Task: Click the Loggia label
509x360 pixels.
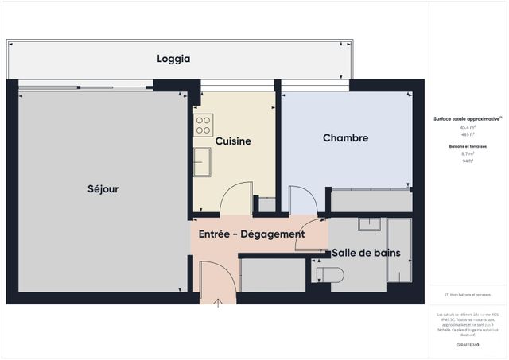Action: coord(173,59)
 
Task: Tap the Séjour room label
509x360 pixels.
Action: coord(103,189)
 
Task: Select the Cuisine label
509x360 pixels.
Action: coord(233,141)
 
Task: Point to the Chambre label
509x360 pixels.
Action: coord(345,138)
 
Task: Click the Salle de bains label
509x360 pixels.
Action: coord(366,254)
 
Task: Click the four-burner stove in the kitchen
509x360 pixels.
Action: coord(204,126)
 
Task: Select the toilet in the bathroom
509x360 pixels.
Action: coord(329,274)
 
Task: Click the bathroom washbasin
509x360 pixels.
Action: coord(370,224)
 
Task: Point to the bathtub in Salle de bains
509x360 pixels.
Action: coord(398,250)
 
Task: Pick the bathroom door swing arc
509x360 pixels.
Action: coord(311,240)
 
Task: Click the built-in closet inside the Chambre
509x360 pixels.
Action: coord(371,201)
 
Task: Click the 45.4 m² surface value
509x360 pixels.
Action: coord(467,127)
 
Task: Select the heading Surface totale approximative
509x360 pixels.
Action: coord(467,118)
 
